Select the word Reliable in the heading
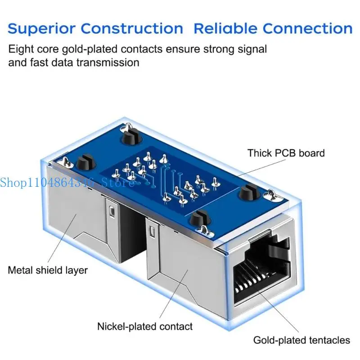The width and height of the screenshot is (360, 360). pyautogui.click(x=225, y=29)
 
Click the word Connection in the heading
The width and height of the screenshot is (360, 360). pyautogui.click(x=307, y=29)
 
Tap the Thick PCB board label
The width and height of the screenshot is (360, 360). pyautogui.click(x=286, y=153)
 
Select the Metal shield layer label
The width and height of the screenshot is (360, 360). pyautogui.click(x=48, y=270)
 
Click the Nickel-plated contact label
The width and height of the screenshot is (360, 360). pyautogui.click(x=145, y=326)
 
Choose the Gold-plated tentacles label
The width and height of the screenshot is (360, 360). pyautogui.click(x=301, y=340)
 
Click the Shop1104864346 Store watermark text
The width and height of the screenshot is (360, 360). pyautogui.click(x=67, y=182)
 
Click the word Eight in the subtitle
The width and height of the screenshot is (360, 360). pyautogui.click(x=19, y=49)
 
